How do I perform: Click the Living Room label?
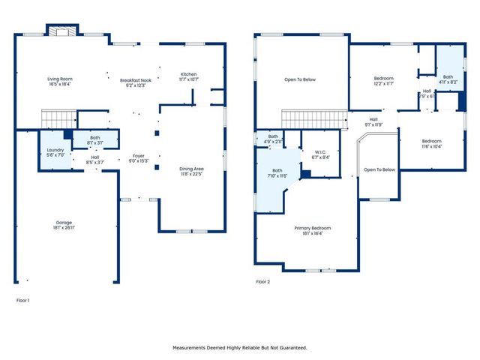click(60, 79)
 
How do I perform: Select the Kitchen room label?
click(188, 74)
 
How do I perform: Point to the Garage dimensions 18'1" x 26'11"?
click(64, 226)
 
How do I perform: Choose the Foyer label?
click(139, 156)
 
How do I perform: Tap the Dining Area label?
click(191, 169)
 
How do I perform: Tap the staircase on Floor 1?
click(58, 118)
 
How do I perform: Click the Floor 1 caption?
click(22, 300)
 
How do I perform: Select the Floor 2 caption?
click(262, 282)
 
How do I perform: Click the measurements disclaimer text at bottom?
click(240, 347)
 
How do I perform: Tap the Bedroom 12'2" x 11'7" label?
click(388, 79)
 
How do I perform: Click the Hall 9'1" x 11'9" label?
click(373, 121)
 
